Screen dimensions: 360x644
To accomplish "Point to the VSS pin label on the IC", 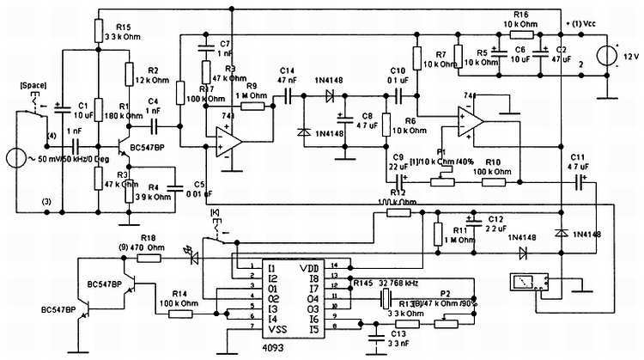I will pyautogui.click(x=277, y=329).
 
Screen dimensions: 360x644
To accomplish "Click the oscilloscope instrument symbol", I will pyautogui.click(x=524, y=283).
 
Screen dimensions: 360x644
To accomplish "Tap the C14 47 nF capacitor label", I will pyautogui.click(x=287, y=76).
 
